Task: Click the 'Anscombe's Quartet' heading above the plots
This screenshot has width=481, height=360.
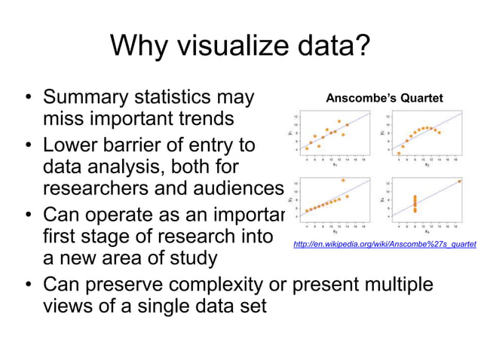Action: tap(384, 98)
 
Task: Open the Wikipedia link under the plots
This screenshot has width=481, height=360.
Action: tap(384, 244)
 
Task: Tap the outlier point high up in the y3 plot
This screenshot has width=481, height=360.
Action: tap(343, 181)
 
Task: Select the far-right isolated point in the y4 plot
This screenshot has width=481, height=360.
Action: tap(460, 181)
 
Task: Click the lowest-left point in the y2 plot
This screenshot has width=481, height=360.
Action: tap(399, 153)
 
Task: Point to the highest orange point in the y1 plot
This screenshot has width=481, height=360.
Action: tap(339, 121)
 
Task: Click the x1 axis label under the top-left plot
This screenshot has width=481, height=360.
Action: tap(335, 165)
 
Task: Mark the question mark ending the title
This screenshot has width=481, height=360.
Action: tap(360, 46)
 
